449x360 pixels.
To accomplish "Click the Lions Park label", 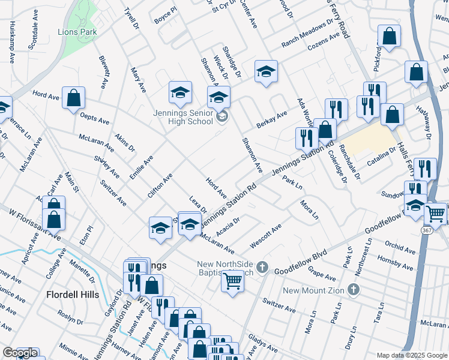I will (x=77, y=32).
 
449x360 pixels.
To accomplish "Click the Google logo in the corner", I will (x=20, y=353).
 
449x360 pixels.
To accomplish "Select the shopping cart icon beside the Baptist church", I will (x=232, y=280).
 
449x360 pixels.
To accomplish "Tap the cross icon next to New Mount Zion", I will (x=354, y=290).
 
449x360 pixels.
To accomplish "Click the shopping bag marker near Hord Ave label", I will (x=73, y=98).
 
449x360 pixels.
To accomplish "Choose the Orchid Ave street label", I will (x=400, y=247).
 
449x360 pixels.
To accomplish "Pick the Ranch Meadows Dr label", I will (x=307, y=34).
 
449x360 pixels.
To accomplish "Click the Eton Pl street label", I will (x=91, y=235).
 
